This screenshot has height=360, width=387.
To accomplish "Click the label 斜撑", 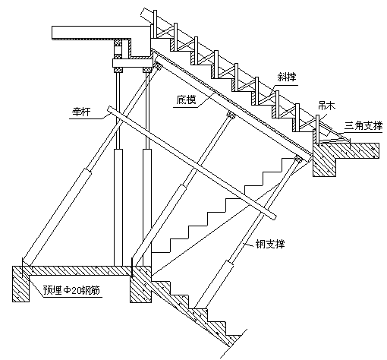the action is pyautogui.click(x=286, y=77).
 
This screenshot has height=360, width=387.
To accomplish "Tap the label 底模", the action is pyautogui.click(x=187, y=100).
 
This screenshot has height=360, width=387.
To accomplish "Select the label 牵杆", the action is pyautogui.click(x=81, y=112).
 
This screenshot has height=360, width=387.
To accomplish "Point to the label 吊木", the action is pyautogui.click(x=326, y=106).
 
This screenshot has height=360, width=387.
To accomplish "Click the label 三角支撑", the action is pyautogui.click(x=363, y=126).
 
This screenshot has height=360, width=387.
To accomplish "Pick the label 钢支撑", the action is pyautogui.click(x=269, y=244).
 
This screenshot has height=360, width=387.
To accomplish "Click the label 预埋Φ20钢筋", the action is pyautogui.click(x=71, y=290).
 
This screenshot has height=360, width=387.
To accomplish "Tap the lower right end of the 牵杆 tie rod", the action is pyautogui.click(x=274, y=217).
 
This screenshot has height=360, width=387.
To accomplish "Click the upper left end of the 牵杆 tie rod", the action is pyautogui.click(x=110, y=109).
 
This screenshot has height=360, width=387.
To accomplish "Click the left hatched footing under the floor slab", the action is pyautogui.click(x=21, y=283).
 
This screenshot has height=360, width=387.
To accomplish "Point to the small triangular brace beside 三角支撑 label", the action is pyautogui.click(x=333, y=134).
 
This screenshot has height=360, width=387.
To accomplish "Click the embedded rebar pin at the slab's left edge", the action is pyautogui.click(x=23, y=268).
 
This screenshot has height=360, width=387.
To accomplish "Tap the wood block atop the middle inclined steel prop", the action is pyautogui.click(x=231, y=115).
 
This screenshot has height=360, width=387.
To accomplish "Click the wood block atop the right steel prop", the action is pyautogui.click(x=298, y=159).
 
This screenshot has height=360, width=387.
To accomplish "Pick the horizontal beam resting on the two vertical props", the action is pyautogui.click(x=132, y=63).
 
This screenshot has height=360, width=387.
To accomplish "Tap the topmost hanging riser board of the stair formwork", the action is pyautogui.click(x=155, y=24).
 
